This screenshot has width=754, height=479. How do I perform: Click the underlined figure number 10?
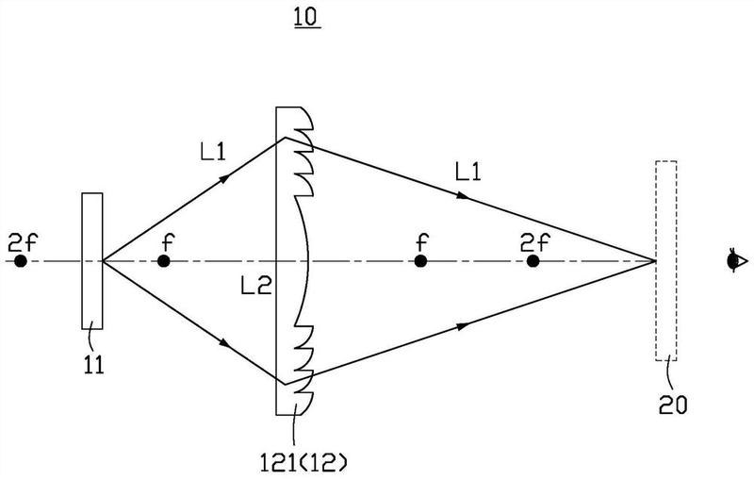click(x=307, y=18)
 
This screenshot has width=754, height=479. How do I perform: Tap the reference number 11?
click(x=93, y=366)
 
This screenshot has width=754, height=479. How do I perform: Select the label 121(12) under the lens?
click(x=303, y=463)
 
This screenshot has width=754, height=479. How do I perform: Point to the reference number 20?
click(x=673, y=405)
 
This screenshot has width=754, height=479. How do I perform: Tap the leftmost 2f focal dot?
click(x=20, y=261)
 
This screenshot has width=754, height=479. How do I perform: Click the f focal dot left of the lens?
click(x=164, y=261)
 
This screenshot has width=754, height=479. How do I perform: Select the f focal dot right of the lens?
click(x=420, y=261)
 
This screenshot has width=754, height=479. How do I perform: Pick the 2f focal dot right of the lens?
click(x=533, y=261)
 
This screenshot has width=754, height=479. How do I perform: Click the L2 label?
click(x=256, y=287)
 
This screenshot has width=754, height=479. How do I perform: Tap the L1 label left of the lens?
click(x=213, y=153)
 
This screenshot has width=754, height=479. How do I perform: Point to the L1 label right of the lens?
click(x=467, y=172)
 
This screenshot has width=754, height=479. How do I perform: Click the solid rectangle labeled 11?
click(x=91, y=260)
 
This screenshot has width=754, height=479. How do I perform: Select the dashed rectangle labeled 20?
click(x=666, y=260)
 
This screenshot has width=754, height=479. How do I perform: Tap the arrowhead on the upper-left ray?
click(x=224, y=179)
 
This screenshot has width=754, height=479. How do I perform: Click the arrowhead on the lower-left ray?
click(x=224, y=343)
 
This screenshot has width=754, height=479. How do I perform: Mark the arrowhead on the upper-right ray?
click(x=463, y=195)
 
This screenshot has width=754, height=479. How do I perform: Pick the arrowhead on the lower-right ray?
click(x=463, y=326)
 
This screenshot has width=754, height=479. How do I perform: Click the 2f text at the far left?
click(x=22, y=243)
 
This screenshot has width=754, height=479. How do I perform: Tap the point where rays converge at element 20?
click(x=655, y=260)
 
